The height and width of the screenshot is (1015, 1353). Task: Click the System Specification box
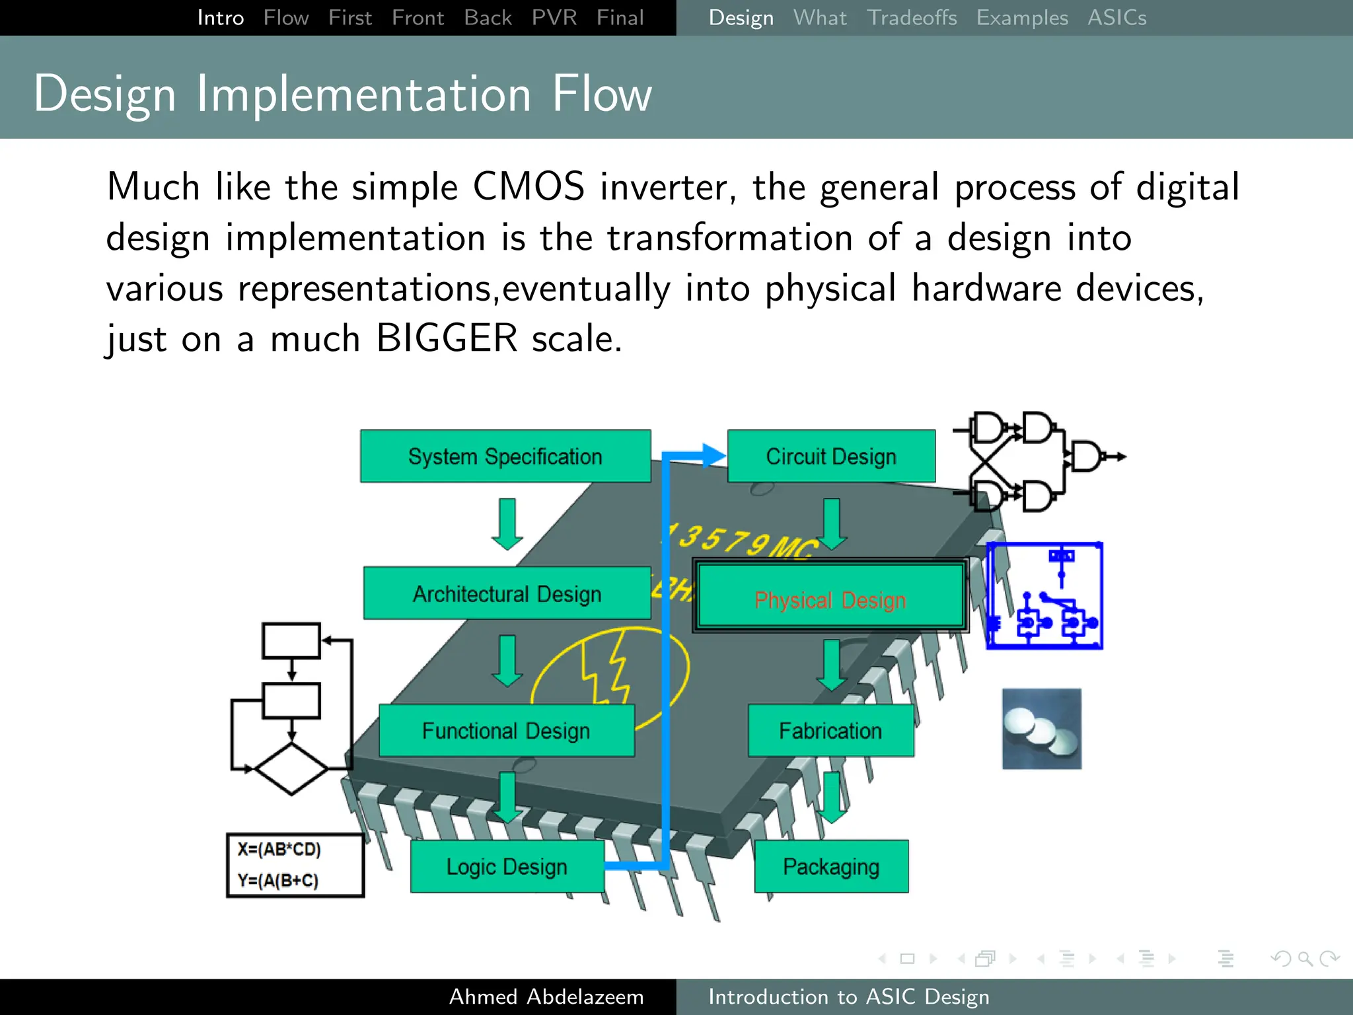pyautogui.click(x=505, y=456)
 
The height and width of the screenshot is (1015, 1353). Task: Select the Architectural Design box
pyautogui.click(x=507, y=593)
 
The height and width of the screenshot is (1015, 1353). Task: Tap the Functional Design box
pyautogui.click(x=506, y=730)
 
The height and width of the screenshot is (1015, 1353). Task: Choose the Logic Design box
pyautogui.click(x=507, y=866)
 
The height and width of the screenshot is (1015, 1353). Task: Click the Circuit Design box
pyautogui.click(x=831, y=456)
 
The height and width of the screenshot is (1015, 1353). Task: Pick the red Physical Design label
pyautogui.click(x=830, y=600)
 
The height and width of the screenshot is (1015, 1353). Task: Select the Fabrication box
pyautogui.click(x=830, y=730)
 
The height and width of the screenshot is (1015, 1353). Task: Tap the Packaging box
pyautogui.click(x=831, y=866)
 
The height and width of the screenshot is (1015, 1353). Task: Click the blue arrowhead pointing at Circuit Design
pyautogui.click(x=713, y=455)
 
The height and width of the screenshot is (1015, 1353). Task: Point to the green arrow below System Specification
pyautogui.click(x=507, y=524)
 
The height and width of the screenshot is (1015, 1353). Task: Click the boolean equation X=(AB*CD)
pyautogui.click(x=279, y=849)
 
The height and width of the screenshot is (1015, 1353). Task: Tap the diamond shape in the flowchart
pyautogui.click(x=291, y=769)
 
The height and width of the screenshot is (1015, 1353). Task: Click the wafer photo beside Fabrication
pyautogui.click(x=1041, y=729)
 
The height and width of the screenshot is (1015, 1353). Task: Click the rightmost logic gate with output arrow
pyautogui.click(x=1087, y=457)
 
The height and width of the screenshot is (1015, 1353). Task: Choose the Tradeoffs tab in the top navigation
pyautogui.click(x=912, y=18)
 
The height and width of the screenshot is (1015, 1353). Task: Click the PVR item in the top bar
pyautogui.click(x=554, y=18)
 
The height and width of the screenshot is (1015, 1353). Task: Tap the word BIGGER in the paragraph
pyautogui.click(x=447, y=338)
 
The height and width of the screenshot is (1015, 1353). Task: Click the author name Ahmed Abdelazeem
pyautogui.click(x=546, y=996)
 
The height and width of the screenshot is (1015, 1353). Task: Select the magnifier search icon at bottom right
pyautogui.click(x=1305, y=958)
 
